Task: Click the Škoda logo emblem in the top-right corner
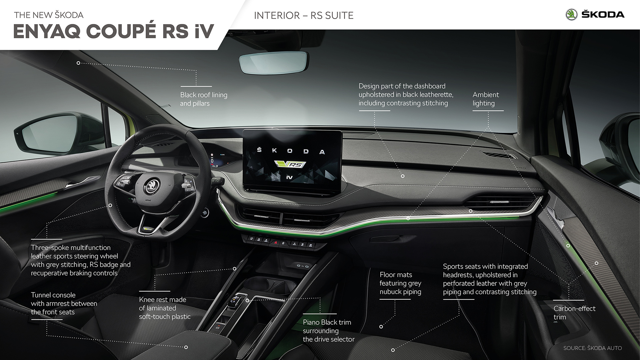(x=572, y=15)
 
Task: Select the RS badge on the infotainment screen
(x=289, y=164)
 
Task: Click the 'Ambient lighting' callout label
(x=486, y=99)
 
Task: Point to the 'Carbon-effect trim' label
(x=574, y=313)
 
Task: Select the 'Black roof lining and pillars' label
(x=204, y=99)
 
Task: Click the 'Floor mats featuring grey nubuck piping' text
(x=400, y=283)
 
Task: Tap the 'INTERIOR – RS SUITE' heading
(x=304, y=15)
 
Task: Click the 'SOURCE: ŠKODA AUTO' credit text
(x=592, y=348)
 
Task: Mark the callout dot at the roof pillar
(x=78, y=63)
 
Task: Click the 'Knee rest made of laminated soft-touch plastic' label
(x=165, y=308)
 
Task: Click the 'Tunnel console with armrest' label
(x=64, y=304)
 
